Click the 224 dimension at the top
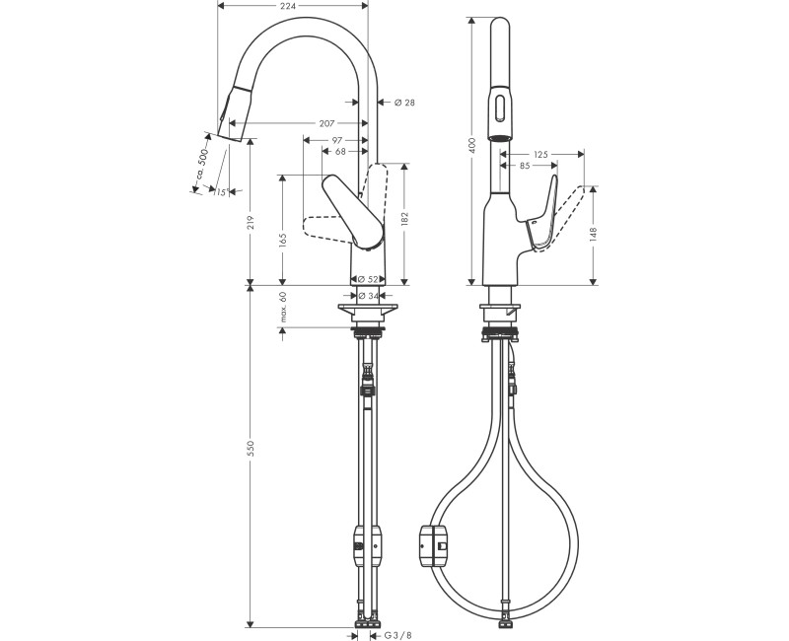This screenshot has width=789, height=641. tap(288, 7)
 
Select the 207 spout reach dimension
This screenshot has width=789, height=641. tap(326, 123)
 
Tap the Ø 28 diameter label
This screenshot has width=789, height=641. tap(404, 102)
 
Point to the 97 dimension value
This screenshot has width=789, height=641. tap(337, 140)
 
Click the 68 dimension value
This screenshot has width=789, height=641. tap(340, 152)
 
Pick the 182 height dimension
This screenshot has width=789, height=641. tap(405, 218)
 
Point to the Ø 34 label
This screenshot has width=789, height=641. tap(369, 295)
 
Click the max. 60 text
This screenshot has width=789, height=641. tap(282, 307)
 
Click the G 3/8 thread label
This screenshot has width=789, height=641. tap(397, 635)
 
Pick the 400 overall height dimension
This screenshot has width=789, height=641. tap(472, 144)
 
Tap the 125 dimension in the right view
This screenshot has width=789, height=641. tap(539, 154)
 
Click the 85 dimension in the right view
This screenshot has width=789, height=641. tap(525, 166)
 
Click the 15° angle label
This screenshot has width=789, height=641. tap(220, 192)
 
